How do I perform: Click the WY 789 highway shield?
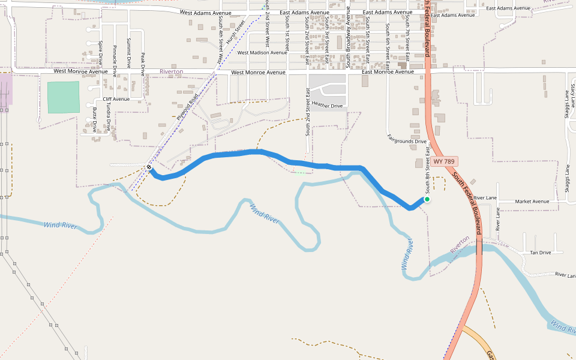[x=444, y=162]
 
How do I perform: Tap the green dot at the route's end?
[x=427, y=199]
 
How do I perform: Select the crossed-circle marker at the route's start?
[x=149, y=167]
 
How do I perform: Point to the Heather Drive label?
[x=327, y=106]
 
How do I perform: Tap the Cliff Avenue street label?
[x=116, y=99]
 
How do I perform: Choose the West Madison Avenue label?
[x=262, y=53]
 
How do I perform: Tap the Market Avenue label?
[x=532, y=202]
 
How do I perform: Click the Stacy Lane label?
[x=573, y=96]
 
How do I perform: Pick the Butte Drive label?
[x=95, y=119]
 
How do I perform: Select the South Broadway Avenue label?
[x=347, y=42]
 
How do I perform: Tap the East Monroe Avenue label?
[x=388, y=72]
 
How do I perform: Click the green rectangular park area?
[x=63, y=97]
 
